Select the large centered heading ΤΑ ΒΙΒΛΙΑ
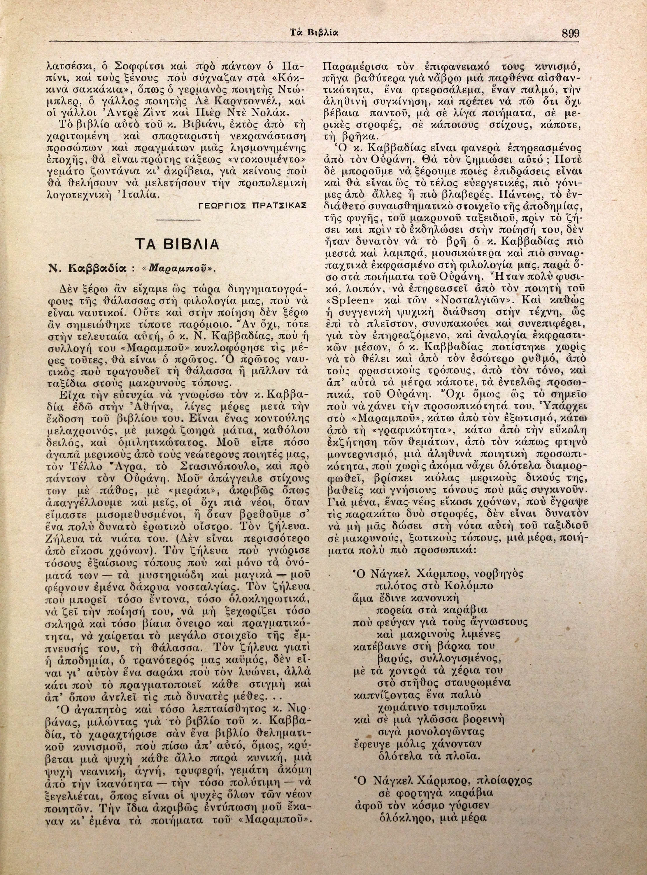click(x=177, y=244)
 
